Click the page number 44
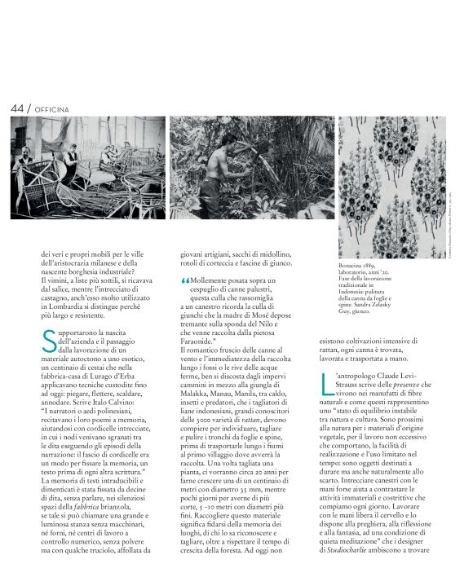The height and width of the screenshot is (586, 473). pyautogui.click(x=16, y=108)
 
